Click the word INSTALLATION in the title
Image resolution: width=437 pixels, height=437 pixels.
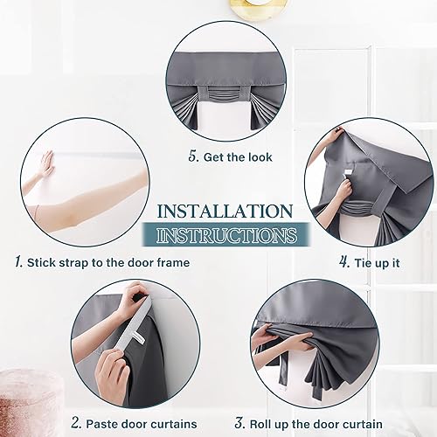click(x=225, y=212)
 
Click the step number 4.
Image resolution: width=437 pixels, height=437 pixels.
click(x=344, y=261)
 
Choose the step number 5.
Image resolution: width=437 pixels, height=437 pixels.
click(x=192, y=157)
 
